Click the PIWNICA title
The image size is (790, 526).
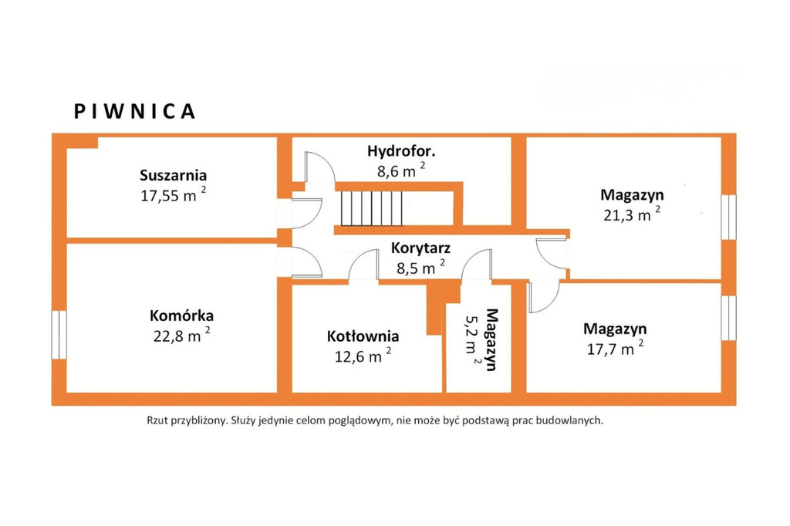click(134, 111)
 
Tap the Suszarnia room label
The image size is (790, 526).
click(174, 175)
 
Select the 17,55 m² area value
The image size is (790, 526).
click(174, 195)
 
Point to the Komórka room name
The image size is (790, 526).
click(181, 316)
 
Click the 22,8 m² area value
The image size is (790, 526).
click(181, 335)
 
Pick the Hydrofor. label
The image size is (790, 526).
click(401, 151)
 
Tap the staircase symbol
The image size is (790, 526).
click(373, 208)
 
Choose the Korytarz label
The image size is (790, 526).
click(420, 248)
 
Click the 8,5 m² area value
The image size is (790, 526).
click(420, 267)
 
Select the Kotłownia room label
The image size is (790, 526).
click(363, 336)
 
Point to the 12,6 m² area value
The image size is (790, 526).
click(363, 356)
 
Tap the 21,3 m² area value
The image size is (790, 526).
click(632, 214)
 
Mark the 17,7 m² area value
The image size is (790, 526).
click(615, 348)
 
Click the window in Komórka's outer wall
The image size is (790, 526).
click(59, 335)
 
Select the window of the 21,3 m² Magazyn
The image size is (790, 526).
click(728, 217)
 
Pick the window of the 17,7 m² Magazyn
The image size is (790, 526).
click(728, 318)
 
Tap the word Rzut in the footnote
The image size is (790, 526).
click(157, 420)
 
